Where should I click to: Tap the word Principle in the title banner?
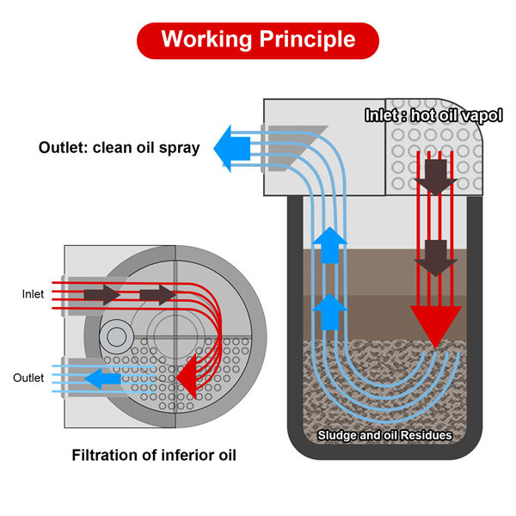(x=307, y=39)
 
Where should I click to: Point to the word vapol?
(x=458, y=114)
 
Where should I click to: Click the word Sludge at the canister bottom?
(x=340, y=435)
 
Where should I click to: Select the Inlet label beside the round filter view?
(x=33, y=294)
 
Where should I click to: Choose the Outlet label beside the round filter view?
(x=28, y=378)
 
